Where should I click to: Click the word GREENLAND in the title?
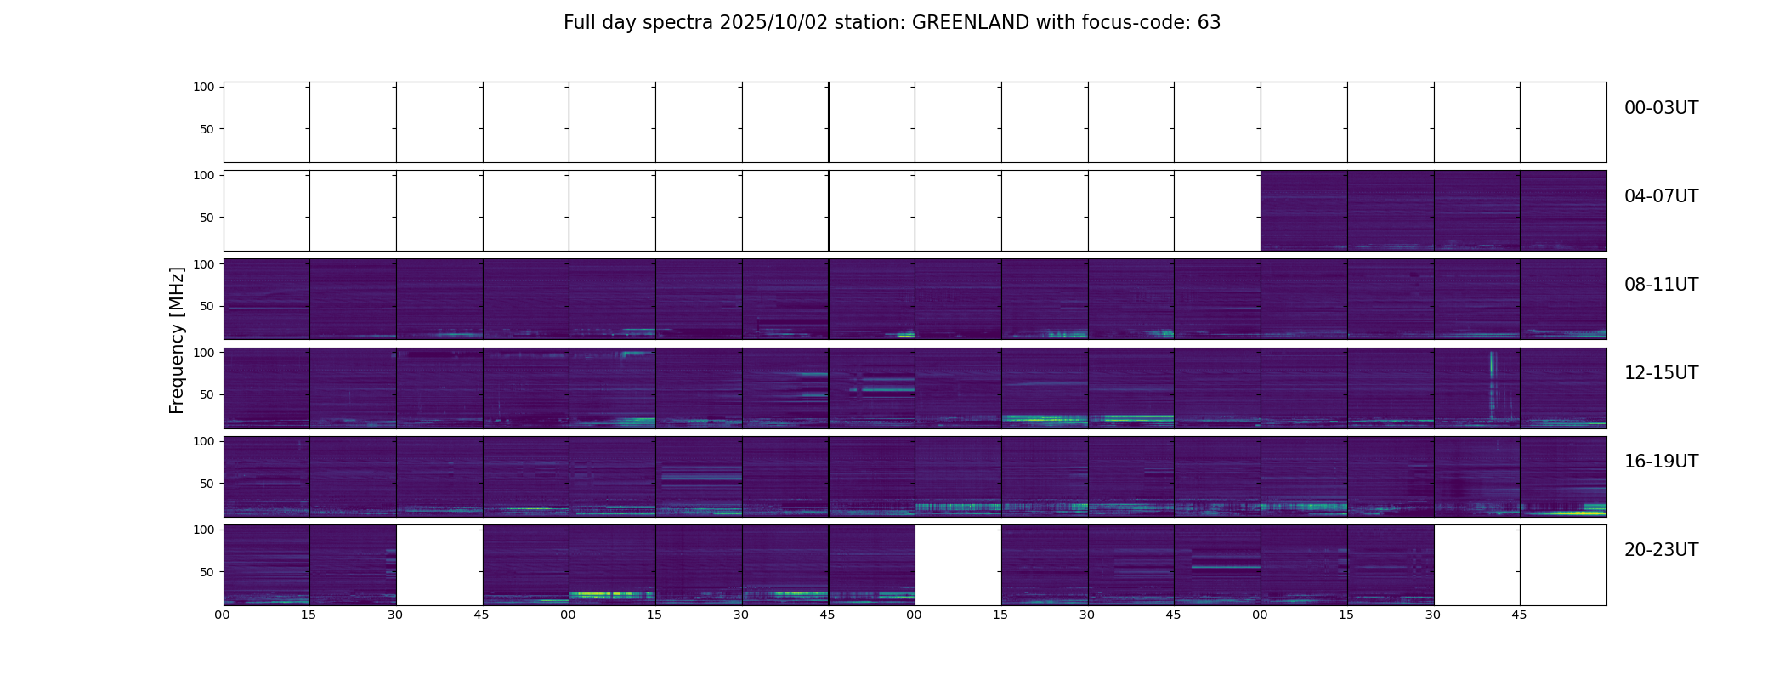click(970, 23)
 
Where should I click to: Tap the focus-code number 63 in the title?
click(1209, 23)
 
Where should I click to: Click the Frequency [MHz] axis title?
click(177, 340)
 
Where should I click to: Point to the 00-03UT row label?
click(1661, 108)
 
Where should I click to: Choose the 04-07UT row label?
click(1661, 196)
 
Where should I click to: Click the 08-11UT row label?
click(1661, 285)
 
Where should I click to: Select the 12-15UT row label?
click(1661, 373)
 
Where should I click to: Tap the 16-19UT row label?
click(1661, 462)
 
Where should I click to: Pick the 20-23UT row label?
click(1661, 550)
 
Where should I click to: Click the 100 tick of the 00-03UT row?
click(204, 87)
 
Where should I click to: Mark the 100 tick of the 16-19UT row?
click(204, 441)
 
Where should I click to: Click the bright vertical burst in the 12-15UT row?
click(1493, 382)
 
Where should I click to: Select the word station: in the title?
click(871, 23)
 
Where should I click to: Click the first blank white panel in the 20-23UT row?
click(439, 565)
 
